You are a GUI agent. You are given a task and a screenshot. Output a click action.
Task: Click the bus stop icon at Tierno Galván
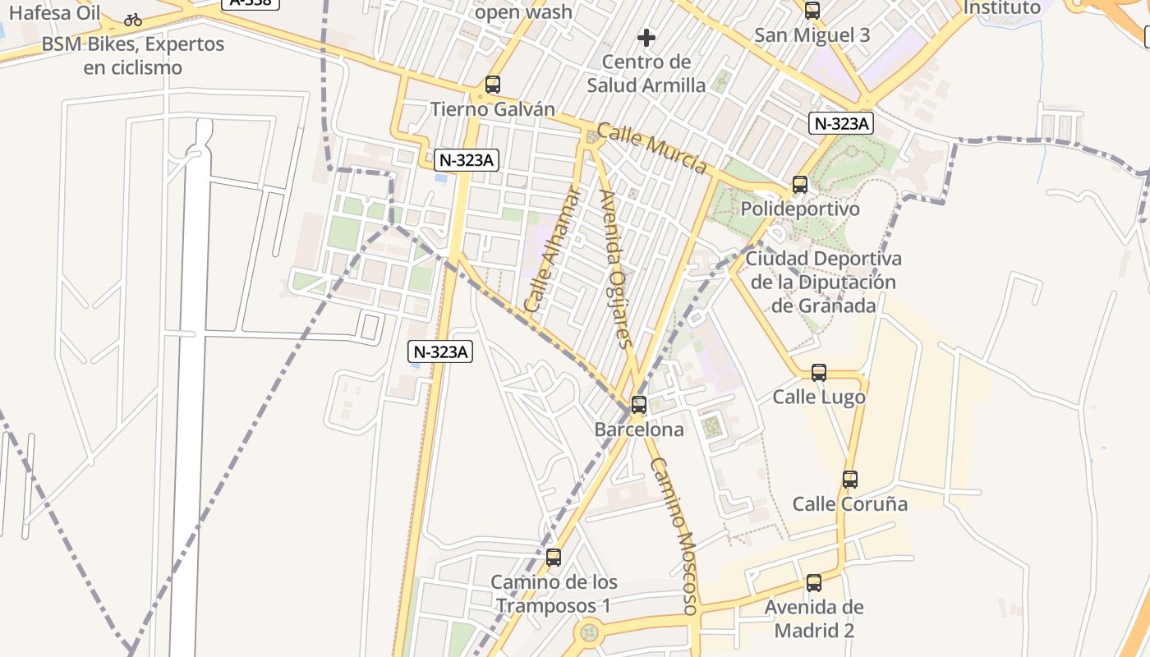[x=493, y=85]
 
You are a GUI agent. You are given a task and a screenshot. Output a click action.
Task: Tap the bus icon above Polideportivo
[x=800, y=185]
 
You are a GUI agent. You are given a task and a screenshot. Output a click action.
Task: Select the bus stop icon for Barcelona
[x=639, y=405]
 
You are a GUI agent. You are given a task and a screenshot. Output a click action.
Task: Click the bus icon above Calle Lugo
[x=819, y=373]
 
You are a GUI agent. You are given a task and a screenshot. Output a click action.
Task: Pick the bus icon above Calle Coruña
[x=850, y=480]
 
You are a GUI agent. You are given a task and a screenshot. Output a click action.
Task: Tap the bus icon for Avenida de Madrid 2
[x=814, y=583]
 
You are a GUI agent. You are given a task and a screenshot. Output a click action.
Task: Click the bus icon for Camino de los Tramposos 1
[x=554, y=558]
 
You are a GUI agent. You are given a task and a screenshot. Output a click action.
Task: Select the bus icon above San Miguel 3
[x=812, y=11]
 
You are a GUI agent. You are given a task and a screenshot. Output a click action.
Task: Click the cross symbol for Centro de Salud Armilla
[x=646, y=38]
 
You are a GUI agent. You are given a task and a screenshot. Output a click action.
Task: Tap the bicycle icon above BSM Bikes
[x=133, y=20]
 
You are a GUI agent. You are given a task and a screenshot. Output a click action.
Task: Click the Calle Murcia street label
[x=651, y=149]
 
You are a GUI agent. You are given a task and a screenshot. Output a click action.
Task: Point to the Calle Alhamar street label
[x=552, y=250]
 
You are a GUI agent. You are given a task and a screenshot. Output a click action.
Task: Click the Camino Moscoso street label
[x=674, y=535]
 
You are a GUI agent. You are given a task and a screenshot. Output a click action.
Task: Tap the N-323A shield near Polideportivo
[x=840, y=124]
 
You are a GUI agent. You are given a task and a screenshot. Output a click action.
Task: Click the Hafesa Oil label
[x=54, y=12]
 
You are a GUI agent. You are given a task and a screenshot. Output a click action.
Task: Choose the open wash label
[x=523, y=12]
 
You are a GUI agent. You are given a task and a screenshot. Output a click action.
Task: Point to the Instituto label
[x=1001, y=8]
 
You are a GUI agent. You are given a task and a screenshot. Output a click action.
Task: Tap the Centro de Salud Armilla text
[x=646, y=73]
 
